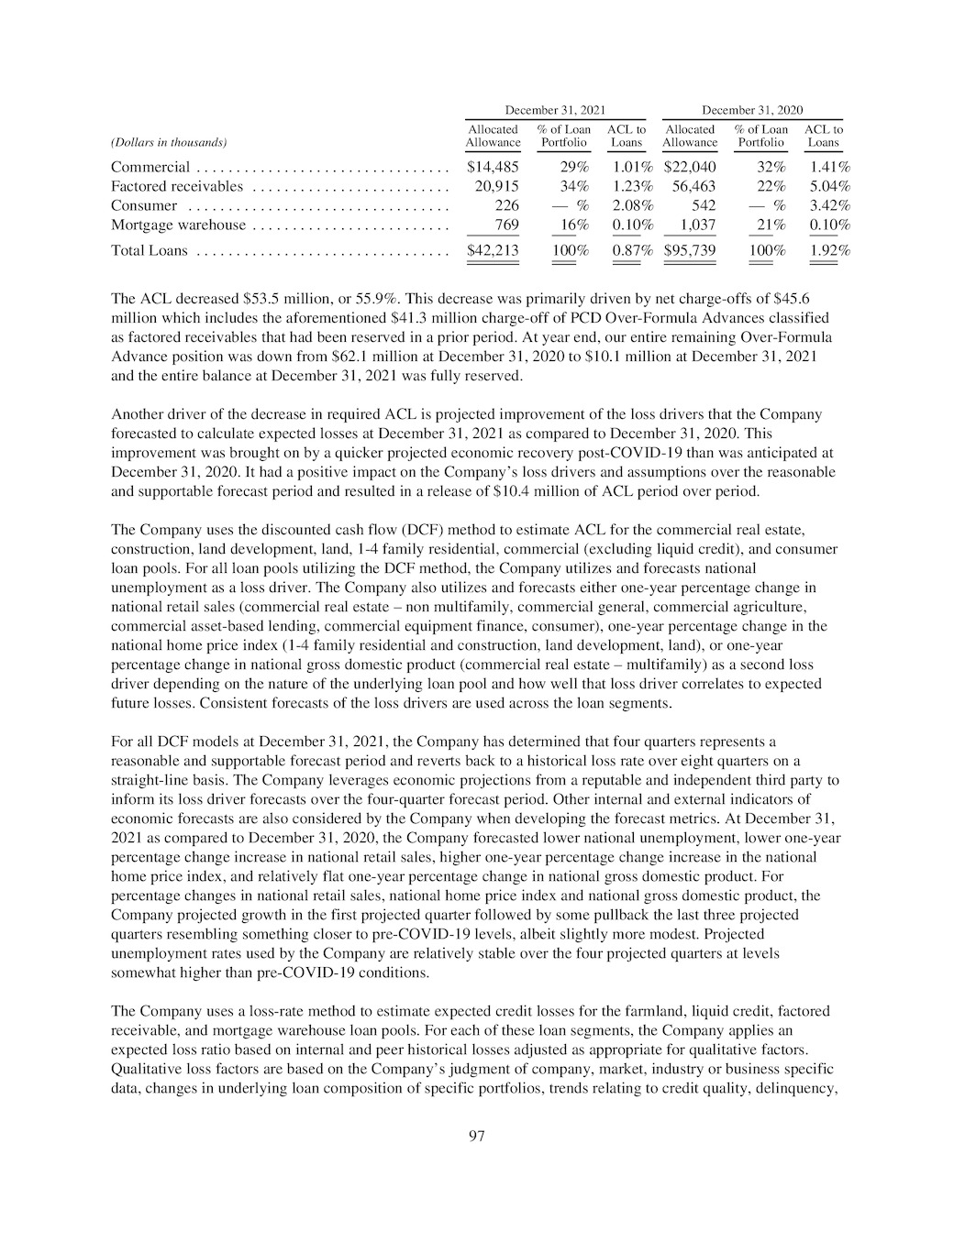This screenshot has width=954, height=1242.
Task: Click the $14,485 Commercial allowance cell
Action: point(493,167)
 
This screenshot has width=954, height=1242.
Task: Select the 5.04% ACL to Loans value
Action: point(829,186)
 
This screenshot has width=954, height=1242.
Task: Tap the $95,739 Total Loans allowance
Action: point(689,250)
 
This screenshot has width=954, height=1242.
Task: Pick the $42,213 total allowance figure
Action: point(493,250)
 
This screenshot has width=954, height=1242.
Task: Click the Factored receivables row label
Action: point(177,186)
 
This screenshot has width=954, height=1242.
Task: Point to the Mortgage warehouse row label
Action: point(178,225)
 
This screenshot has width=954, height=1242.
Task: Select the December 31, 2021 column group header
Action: point(555,110)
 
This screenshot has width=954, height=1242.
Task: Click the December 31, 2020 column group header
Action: point(752,110)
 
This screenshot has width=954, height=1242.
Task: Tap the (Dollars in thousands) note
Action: point(169,142)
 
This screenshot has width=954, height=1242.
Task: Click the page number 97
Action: point(476,1137)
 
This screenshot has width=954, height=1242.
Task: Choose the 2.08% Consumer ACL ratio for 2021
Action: point(632,205)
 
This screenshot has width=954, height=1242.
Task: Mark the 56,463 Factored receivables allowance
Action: point(693,186)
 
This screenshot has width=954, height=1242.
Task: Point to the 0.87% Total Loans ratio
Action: point(632,250)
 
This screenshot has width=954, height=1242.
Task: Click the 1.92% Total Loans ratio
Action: point(829,250)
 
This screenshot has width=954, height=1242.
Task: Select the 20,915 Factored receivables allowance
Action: point(496,186)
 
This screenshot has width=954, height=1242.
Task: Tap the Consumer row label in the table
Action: point(144,205)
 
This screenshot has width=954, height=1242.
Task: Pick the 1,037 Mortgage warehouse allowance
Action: point(697,225)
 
